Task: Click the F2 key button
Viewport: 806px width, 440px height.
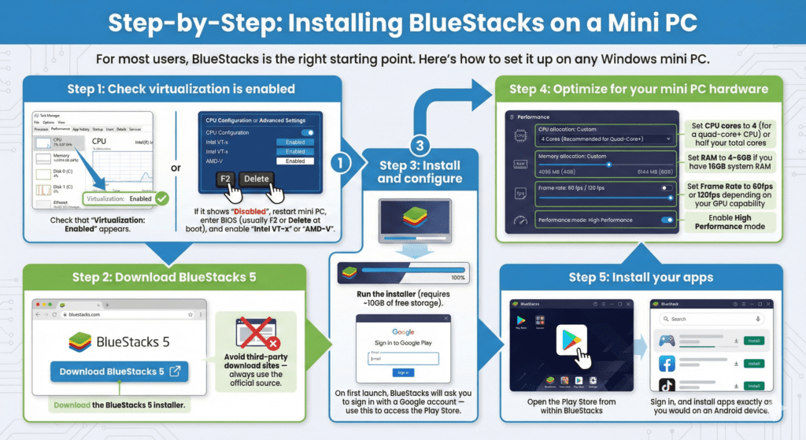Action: coord(224,179)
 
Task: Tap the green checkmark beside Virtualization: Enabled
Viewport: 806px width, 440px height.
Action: coord(162,199)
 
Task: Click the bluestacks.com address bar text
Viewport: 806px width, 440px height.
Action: coord(85,313)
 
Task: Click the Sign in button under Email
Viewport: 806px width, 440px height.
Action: coord(402,372)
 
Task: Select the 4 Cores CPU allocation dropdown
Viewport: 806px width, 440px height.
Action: coord(604,139)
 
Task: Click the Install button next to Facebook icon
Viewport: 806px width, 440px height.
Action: coord(753,364)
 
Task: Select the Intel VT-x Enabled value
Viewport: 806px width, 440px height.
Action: coord(295,142)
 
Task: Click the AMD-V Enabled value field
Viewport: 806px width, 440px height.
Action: coord(295,161)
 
